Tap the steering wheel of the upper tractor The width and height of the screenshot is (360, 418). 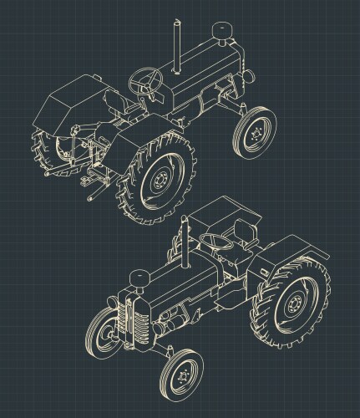pyautogui.click(x=146, y=80)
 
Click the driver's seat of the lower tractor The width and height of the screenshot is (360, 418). pyautogui.click(x=242, y=233)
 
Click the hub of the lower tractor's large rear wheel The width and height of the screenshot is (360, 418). pyautogui.click(x=294, y=306)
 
